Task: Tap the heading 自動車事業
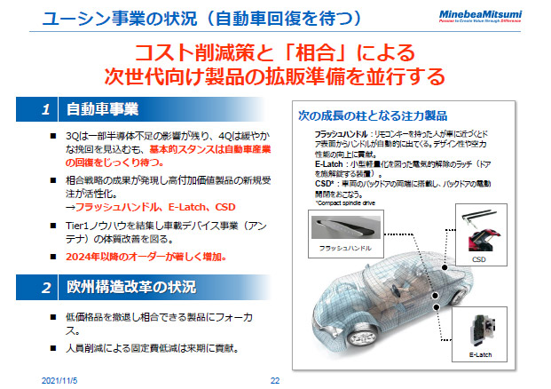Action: pos(101,110)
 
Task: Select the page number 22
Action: pos(275,380)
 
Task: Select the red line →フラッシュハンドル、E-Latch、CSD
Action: pos(142,205)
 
